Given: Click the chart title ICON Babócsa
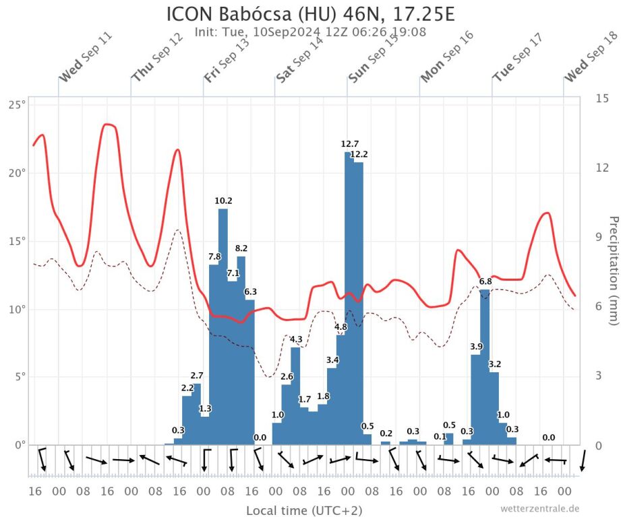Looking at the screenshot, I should (310, 13).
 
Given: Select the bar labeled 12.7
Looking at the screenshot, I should (349, 296).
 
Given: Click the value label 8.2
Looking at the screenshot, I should (241, 248).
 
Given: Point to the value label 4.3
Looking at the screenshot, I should (295, 339).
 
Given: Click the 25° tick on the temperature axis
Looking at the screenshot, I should (18, 104).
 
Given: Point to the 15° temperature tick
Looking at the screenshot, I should (18, 241).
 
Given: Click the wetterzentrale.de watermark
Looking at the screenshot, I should (539, 508).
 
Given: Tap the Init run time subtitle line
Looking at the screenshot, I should (310, 31).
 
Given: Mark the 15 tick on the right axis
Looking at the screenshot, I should (602, 98).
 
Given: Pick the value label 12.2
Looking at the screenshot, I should (359, 154).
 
